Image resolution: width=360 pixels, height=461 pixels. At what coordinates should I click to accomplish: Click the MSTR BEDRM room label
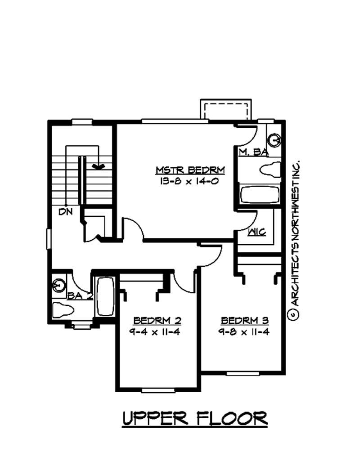[x=190, y=170]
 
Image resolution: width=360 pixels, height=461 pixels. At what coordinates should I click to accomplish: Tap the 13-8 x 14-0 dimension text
[x=189, y=181]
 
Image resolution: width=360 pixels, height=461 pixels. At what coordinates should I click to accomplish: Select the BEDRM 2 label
[x=157, y=321]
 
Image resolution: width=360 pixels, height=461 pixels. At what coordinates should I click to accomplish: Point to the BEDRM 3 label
[x=245, y=321]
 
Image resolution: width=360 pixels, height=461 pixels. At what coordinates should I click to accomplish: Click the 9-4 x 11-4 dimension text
[x=154, y=332]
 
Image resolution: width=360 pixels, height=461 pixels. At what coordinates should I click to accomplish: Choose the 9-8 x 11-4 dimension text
[x=244, y=332]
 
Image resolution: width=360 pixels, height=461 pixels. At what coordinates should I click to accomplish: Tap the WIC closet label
[x=257, y=232]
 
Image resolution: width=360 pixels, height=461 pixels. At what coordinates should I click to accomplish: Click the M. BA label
[x=253, y=152]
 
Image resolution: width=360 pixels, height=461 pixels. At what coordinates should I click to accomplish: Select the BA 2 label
[x=80, y=295]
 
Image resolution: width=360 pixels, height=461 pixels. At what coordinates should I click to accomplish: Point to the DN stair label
[x=65, y=211]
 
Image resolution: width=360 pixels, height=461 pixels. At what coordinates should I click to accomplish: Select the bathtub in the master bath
[x=259, y=194]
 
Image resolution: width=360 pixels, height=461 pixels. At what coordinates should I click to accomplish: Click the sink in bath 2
[x=58, y=285]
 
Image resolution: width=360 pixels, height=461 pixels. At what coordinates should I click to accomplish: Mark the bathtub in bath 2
[x=105, y=296]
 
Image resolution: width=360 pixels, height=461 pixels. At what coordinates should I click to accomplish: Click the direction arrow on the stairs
[x=98, y=166]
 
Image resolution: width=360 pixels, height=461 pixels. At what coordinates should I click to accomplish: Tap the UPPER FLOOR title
[x=195, y=418]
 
